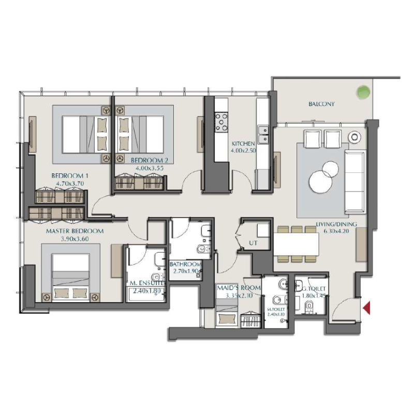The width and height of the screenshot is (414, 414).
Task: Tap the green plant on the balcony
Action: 363,92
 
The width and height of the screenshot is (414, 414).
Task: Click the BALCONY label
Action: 321,104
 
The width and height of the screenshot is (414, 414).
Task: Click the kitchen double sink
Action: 263,134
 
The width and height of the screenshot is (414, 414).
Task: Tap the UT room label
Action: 253,242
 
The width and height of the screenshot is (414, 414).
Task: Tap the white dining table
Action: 296,244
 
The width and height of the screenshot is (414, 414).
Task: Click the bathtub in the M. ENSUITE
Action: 146,295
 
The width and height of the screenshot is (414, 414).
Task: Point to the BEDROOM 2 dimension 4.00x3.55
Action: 150,168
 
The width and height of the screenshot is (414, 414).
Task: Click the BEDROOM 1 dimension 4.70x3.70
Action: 67,183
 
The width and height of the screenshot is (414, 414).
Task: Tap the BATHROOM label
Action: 185,264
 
